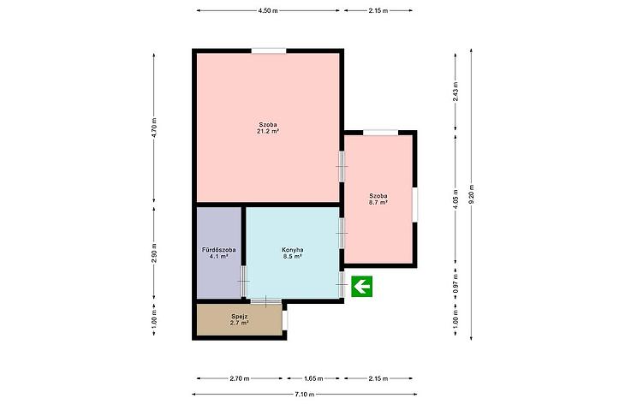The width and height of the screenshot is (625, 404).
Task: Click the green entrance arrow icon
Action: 361,286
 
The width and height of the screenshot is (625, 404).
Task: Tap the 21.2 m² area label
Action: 268,131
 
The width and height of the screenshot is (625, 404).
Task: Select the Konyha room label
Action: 293,250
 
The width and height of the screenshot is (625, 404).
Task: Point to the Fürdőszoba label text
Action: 219,250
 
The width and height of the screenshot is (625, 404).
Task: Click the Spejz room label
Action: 240,317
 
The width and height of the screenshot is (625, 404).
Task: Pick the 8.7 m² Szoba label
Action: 378,199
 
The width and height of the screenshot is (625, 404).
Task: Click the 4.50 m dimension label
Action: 268,11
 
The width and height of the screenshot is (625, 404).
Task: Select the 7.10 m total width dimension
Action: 305,395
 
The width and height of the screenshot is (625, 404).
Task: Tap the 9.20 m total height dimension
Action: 472,194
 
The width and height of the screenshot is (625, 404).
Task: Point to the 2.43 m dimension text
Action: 455,92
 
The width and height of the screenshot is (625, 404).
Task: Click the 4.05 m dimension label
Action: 455,199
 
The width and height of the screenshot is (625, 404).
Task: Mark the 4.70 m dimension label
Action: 154,128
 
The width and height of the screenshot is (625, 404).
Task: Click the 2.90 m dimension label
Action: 154,253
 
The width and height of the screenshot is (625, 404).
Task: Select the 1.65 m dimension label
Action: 313,378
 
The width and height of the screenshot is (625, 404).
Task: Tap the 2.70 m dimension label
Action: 240,378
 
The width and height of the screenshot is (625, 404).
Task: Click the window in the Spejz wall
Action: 284,320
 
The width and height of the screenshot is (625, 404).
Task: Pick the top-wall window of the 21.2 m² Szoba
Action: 269,50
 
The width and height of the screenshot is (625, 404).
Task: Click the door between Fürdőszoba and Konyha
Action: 243,282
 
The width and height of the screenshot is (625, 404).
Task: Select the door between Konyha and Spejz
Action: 266,300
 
